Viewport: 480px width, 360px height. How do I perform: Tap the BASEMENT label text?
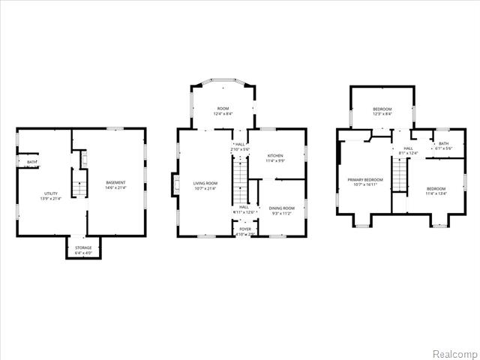[115, 183]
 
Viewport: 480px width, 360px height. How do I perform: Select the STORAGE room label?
[82, 248]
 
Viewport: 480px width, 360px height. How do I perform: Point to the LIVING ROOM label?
[205, 183]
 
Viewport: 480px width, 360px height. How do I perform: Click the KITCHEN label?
[275, 156]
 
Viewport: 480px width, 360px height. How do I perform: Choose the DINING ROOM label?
[282, 208]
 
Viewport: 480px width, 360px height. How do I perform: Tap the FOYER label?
[245, 229]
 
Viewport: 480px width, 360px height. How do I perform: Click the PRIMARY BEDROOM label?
[364, 180]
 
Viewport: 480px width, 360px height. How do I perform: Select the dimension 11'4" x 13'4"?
[436, 193]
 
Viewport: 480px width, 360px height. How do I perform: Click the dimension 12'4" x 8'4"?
[223, 114]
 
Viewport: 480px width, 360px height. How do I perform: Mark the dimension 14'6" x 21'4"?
[115, 188]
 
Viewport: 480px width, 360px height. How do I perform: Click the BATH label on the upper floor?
[443, 144]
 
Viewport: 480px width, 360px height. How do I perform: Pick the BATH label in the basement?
[31, 162]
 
